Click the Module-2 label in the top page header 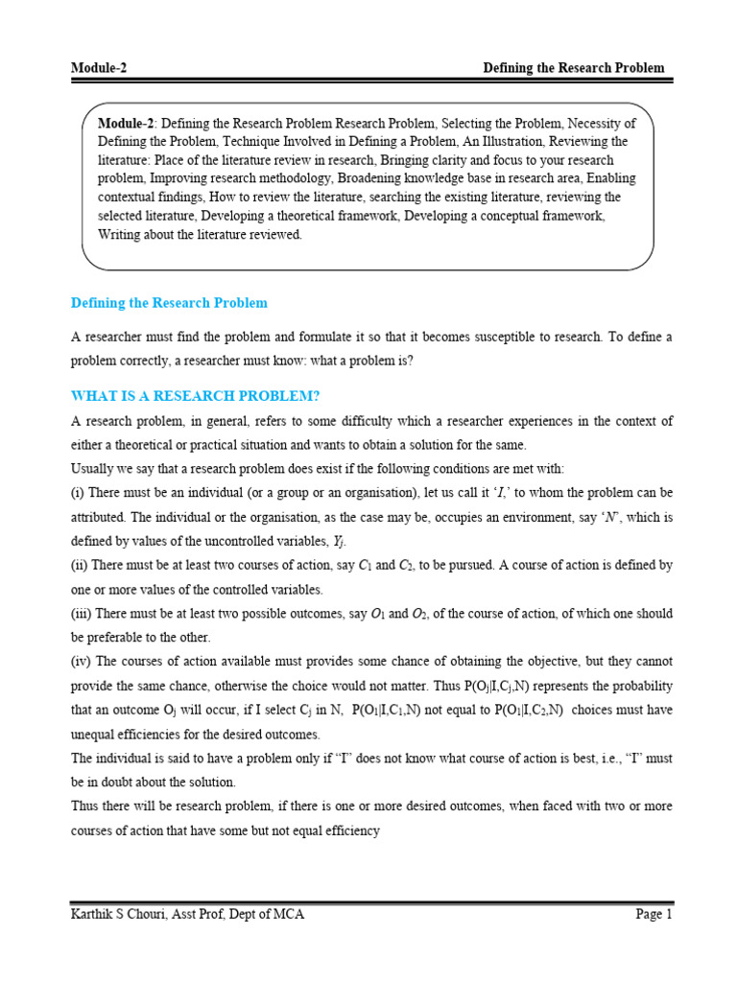coord(100,68)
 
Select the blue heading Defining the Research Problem coord(169,303)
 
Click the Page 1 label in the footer coord(654,915)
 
